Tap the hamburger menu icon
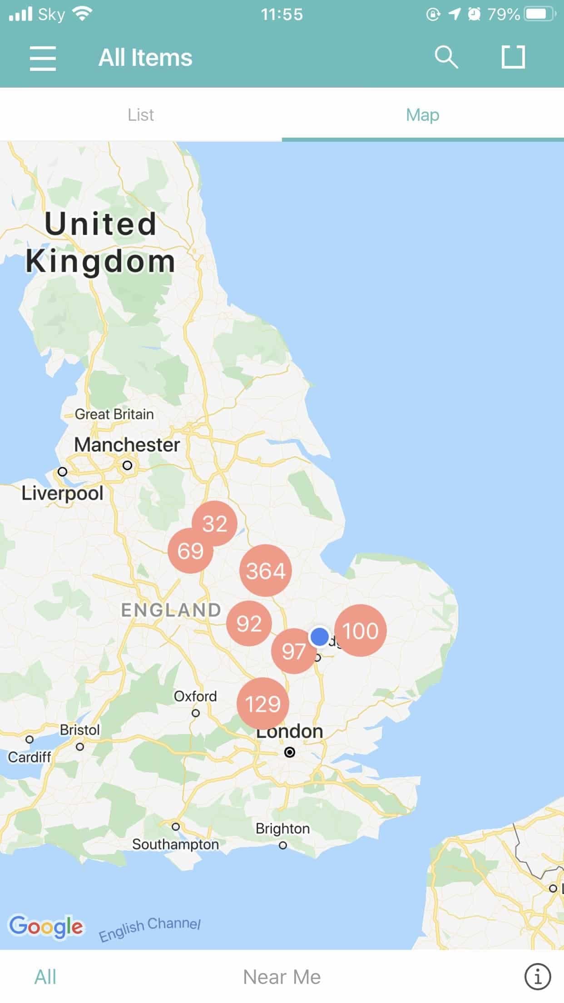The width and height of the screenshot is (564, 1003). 43,58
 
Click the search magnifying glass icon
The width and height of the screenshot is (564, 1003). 446,57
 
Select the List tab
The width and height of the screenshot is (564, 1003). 141,115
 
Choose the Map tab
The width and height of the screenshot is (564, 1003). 422,115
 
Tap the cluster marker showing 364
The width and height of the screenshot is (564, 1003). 265,571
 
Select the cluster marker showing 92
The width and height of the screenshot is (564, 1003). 248,624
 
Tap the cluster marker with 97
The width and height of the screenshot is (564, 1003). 293,651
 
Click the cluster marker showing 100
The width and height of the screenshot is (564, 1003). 361,631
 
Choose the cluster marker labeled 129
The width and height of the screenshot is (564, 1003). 262,704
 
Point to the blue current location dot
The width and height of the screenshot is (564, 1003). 320,636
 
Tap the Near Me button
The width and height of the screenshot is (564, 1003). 282,977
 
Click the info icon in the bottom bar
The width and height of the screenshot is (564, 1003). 538,976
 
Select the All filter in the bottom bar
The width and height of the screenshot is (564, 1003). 45,977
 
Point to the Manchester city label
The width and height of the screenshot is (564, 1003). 127,445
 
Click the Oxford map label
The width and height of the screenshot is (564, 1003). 195,696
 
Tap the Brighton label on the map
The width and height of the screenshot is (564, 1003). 282,829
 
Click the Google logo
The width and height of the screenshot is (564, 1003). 46,927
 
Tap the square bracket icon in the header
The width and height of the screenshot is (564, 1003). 513,57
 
